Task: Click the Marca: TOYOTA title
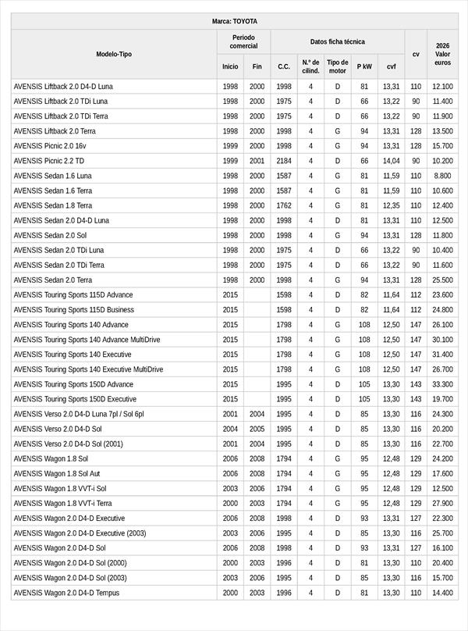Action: [x=234, y=21]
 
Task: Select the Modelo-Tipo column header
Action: [x=114, y=54]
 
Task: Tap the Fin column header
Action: [x=257, y=66]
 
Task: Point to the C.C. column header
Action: [x=284, y=66]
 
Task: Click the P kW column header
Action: [x=364, y=66]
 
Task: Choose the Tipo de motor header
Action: [x=338, y=66]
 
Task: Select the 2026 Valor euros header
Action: [x=442, y=54]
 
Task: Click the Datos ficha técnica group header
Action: [x=337, y=41]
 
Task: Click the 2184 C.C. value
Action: [x=284, y=161]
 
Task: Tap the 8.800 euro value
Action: [x=442, y=176]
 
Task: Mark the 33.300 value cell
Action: [x=442, y=384]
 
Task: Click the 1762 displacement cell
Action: [x=284, y=205]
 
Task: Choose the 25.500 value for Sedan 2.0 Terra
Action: [x=442, y=280]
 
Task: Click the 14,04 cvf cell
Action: [x=391, y=161]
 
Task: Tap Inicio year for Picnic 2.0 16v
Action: [x=230, y=146]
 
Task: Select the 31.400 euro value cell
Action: [x=442, y=355]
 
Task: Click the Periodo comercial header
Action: [x=243, y=41]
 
